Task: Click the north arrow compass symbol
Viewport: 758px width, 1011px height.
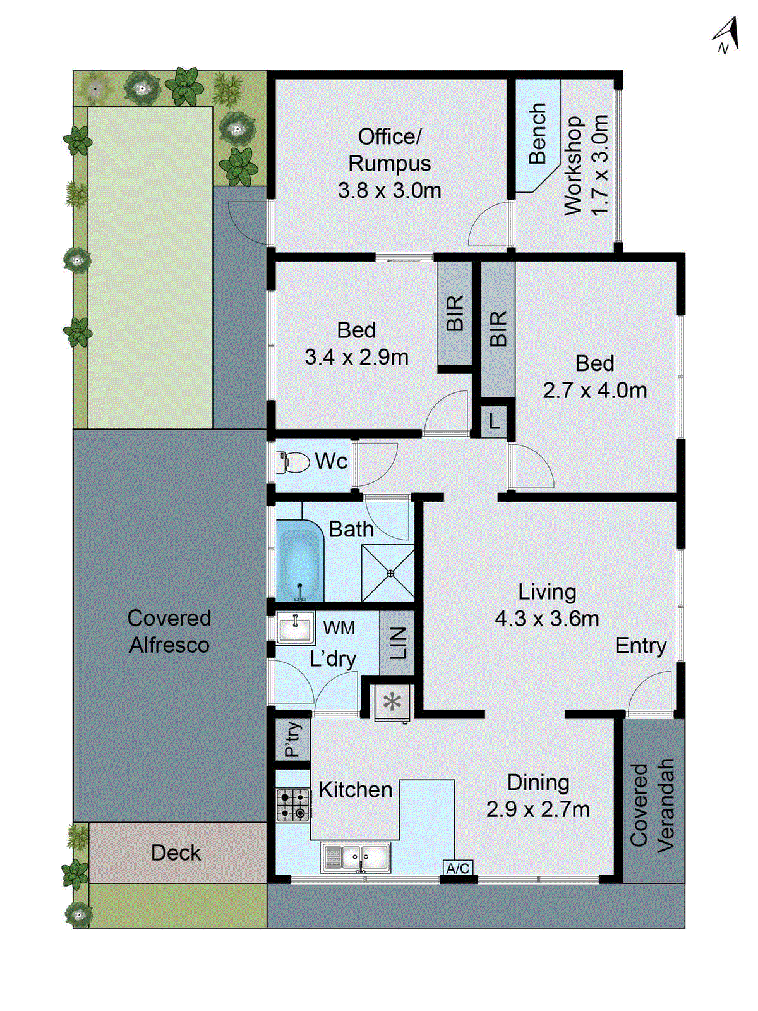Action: pyautogui.click(x=726, y=35)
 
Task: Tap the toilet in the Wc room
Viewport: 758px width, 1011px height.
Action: pyautogui.click(x=292, y=462)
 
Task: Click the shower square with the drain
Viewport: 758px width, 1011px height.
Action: pyautogui.click(x=388, y=573)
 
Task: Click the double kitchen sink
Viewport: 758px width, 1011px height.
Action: pyautogui.click(x=356, y=857)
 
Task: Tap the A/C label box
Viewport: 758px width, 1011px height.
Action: pyautogui.click(x=458, y=868)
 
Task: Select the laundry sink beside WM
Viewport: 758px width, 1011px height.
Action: pyautogui.click(x=295, y=627)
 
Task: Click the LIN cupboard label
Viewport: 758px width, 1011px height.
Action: pyautogui.click(x=397, y=643)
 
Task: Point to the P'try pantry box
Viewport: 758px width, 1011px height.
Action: pyautogui.click(x=293, y=739)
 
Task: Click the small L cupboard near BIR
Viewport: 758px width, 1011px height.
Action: pyautogui.click(x=495, y=420)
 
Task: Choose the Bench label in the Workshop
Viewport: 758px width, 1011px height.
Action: pyautogui.click(x=537, y=134)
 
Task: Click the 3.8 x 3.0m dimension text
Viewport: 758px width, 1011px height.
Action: pyautogui.click(x=389, y=190)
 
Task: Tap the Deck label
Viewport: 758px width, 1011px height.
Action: pyautogui.click(x=176, y=852)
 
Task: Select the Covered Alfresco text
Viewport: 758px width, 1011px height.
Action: pyautogui.click(x=169, y=631)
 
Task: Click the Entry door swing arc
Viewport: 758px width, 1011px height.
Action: pyautogui.click(x=651, y=692)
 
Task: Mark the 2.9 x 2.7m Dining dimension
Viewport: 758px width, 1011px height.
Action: pyautogui.click(x=538, y=809)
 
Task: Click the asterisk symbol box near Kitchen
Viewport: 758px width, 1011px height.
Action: pyautogui.click(x=392, y=702)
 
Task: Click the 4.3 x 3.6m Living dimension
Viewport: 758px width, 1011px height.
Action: pyautogui.click(x=547, y=619)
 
